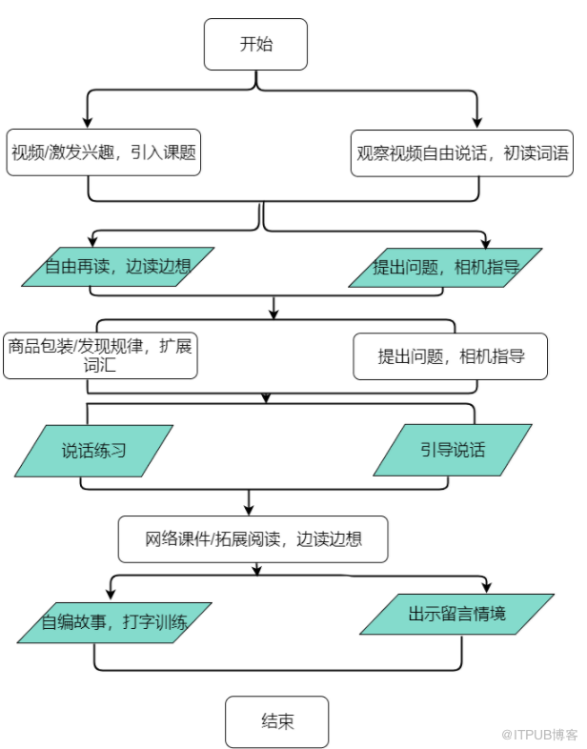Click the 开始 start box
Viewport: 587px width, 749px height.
[255, 45]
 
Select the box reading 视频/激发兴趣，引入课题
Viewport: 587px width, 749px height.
[103, 152]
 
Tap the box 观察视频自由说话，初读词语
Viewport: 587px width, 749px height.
[462, 153]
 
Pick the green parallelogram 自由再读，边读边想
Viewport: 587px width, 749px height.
[117, 267]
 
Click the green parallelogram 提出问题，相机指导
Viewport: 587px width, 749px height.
[445, 268]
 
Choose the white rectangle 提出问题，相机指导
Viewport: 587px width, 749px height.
[451, 356]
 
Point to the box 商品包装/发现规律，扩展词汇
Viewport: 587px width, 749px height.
[100, 355]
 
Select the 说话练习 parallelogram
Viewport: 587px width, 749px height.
[93, 451]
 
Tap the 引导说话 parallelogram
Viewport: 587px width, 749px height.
[453, 450]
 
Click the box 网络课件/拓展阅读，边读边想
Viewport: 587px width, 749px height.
[253, 538]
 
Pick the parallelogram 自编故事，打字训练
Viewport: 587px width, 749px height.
[114, 622]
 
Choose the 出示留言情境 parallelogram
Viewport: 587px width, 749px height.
[456, 615]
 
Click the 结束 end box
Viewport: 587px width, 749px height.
[277, 721]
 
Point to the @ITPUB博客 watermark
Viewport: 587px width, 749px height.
[539, 734]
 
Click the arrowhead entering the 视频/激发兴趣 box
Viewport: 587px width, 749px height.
[88, 122]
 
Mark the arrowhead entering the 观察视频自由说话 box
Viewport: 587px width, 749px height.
[476, 123]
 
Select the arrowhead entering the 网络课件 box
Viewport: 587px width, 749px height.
[249, 510]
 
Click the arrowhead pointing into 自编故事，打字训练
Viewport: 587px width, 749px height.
[111, 594]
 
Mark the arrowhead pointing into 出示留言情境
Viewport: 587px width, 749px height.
[487, 588]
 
